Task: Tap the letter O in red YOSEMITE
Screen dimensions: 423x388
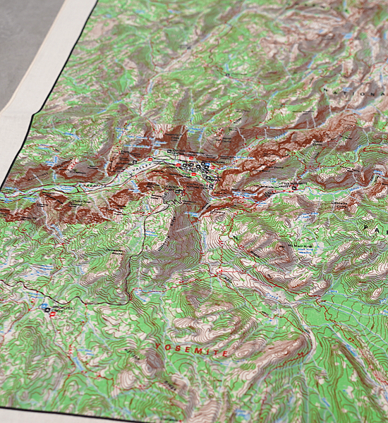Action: [x=169, y=346]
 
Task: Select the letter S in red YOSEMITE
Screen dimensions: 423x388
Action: [x=180, y=348]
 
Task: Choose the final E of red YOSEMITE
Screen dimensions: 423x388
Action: [x=225, y=352]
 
